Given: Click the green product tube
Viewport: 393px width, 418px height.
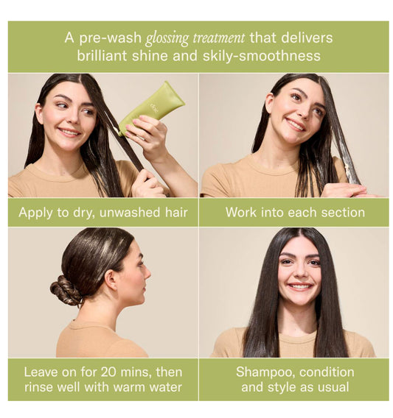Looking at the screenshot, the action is pyautogui.click(x=152, y=109).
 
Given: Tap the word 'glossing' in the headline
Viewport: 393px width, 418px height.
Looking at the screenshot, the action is pyautogui.click(x=167, y=38).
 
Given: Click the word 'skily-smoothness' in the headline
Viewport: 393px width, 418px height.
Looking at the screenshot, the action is pyautogui.click(x=261, y=56).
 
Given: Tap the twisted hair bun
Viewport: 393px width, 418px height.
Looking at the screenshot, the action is pyautogui.click(x=66, y=290).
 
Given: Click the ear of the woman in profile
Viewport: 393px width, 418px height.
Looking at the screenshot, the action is pyautogui.click(x=111, y=280).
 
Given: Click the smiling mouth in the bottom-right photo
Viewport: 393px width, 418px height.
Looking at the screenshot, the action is pyautogui.click(x=300, y=286).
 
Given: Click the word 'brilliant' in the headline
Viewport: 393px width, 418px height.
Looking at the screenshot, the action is pyautogui.click(x=102, y=56).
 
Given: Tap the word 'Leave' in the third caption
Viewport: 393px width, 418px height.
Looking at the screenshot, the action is pyautogui.click(x=41, y=372).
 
